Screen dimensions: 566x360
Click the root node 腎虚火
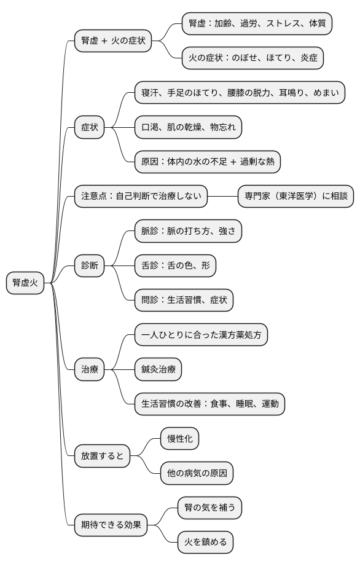(x=26, y=283)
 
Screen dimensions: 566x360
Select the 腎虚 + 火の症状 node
(x=113, y=41)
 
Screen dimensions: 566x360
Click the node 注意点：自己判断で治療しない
(x=140, y=197)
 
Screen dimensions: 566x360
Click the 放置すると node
(x=102, y=455)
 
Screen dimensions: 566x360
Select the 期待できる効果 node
(x=111, y=525)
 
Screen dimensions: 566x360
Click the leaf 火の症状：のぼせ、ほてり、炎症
(x=252, y=58)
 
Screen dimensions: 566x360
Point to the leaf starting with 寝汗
(x=240, y=93)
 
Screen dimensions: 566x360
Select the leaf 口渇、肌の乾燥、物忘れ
(x=188, y=128)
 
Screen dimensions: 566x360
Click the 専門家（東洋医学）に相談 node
(x=295, y=197)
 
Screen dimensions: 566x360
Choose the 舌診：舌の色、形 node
(x=175, y=266)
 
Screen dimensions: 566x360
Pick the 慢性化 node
(x=179, y=438)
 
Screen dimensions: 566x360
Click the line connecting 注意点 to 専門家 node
(x=222, y=197)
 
